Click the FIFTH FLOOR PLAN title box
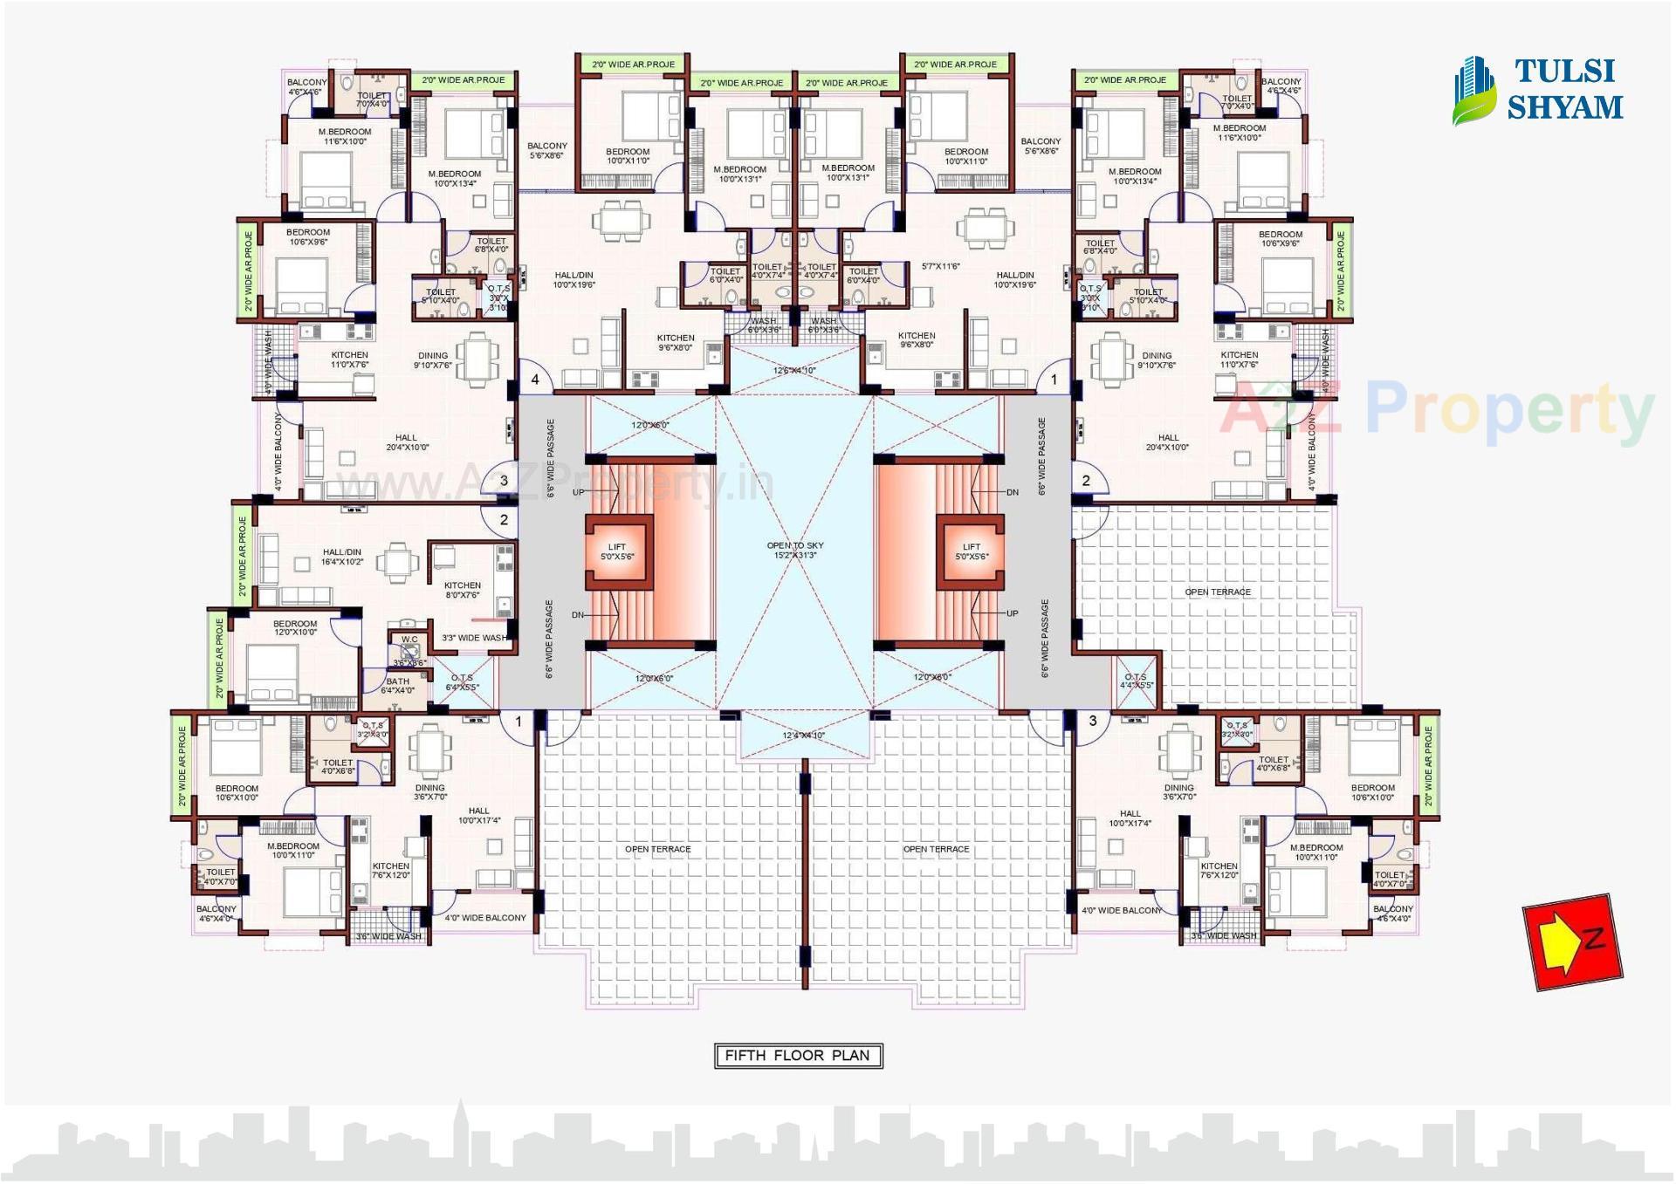pos(798,1056)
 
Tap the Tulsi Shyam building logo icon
pos(1473,91)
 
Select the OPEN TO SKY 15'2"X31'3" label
pos(795,551)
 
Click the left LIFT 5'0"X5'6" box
pos(617,551)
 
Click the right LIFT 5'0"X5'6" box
pos(972,551)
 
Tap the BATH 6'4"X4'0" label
pos(397,686)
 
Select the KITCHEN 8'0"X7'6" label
pos(462,590)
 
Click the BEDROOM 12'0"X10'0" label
pos(295,628)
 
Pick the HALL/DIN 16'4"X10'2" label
pos(342,557)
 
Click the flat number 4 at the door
pos(535,380)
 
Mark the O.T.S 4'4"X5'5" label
pos(1136,681)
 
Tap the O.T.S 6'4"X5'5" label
pos(462,682)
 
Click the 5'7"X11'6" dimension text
pos(941,266)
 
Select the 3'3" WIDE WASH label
pos(474,638)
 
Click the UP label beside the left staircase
pos(578,493)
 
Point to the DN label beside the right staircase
pos(1012,493)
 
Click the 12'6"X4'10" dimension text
pos(794,371)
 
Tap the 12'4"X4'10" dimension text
pos(803,736)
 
